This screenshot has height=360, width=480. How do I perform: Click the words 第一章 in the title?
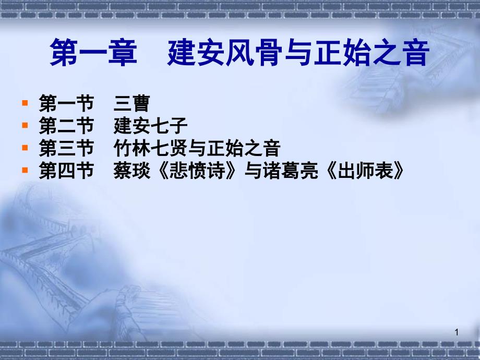93,55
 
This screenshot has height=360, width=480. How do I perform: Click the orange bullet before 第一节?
25,104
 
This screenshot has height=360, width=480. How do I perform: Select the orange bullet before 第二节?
25,126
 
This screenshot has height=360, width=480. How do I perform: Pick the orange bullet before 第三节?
25,149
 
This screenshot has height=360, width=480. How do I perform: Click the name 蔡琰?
131,172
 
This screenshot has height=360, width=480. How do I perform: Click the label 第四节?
66,172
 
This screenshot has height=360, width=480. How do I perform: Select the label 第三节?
66,149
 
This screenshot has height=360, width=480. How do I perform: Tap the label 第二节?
66,127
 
